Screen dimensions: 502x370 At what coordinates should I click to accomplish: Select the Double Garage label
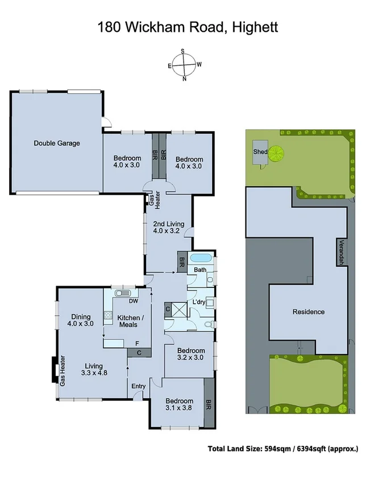[56, 144]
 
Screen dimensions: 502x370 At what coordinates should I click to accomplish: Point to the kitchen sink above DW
[122, 293]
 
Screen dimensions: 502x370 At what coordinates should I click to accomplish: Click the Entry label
[138, 387]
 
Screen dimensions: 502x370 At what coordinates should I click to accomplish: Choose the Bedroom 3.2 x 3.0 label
[188, 354]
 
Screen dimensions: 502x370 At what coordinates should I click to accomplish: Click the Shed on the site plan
[261, 152]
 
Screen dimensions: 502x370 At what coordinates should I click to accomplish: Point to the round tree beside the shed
[277, 153]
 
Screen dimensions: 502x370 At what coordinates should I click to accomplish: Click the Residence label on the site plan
[309, 312]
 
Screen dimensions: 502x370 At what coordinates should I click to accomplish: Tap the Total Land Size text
[282, 449]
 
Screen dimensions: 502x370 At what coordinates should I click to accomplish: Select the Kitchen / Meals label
[131, 322]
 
